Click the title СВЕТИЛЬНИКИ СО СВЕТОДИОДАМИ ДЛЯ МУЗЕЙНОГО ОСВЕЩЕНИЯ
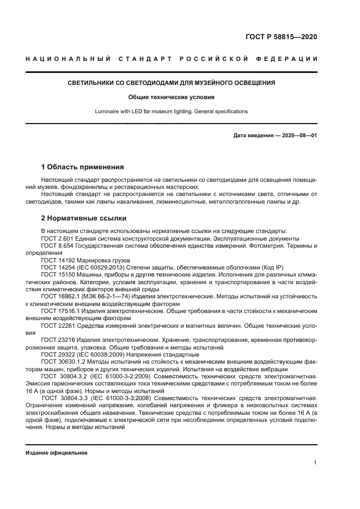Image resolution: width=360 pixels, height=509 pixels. pyautogui.click(x=171, y=83)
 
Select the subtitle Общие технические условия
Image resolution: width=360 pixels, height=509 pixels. pyautogui.click(x=171, y=97)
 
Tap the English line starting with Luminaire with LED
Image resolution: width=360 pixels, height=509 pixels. pyautogui.click(x=171, y=112)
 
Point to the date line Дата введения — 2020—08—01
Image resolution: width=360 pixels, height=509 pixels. pyautogui.click(x=275, y=136)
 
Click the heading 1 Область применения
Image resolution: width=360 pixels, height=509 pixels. pyautogui.click(x=83, y=167)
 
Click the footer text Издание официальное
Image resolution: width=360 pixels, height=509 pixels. pyautogui.click(x=57, y=453)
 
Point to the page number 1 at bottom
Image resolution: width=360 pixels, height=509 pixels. pyautogui.click(x=315, y=463)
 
